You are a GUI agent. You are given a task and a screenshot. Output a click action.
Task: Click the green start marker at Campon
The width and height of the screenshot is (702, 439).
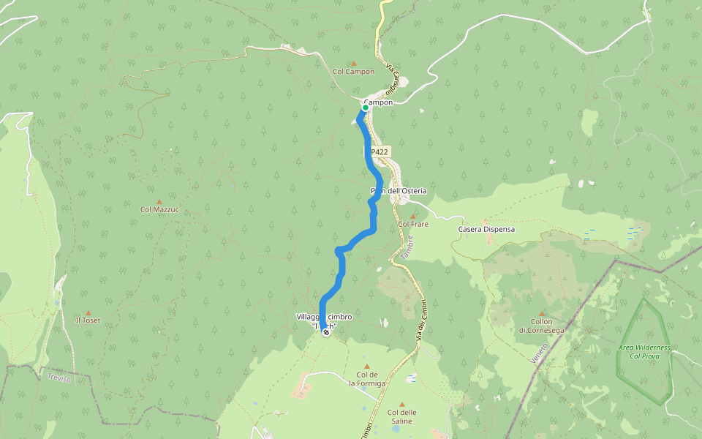pos(365,108)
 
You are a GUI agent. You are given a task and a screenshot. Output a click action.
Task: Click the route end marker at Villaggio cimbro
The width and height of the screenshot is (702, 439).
pos(325,332)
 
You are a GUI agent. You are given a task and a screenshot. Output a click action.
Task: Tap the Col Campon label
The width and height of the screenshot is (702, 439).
pos(353,72)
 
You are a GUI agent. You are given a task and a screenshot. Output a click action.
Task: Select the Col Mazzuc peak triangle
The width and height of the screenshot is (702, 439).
pos(159,201)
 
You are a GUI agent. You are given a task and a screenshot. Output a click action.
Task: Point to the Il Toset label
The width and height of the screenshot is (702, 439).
pos(88,320)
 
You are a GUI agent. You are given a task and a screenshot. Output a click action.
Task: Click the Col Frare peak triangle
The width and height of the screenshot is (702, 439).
pos(412,216)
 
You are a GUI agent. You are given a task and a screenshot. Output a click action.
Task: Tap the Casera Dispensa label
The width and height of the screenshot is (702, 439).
pos(486,229)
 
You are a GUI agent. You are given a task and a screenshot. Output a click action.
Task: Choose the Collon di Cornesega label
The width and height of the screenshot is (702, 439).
pos(541,326)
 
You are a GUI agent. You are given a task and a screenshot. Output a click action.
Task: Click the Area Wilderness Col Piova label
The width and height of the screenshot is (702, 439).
pos(644,351)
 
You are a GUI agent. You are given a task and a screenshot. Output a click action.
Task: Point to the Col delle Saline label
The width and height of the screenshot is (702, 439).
pos(401,416)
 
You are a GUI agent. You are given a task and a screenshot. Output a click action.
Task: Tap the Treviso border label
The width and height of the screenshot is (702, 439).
pos(58,378)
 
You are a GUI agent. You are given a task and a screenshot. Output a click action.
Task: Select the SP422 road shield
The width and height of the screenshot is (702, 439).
pos(379,151)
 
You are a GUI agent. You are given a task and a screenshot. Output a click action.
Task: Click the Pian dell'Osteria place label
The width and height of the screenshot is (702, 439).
pos(399,191)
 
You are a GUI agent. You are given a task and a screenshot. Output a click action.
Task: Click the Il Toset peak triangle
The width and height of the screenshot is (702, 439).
pos(88,312)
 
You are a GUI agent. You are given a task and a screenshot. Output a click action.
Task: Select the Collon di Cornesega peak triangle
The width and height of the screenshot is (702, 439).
pos(542,312)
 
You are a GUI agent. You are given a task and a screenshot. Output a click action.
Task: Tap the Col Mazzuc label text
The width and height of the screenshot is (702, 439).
pos(159,209)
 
